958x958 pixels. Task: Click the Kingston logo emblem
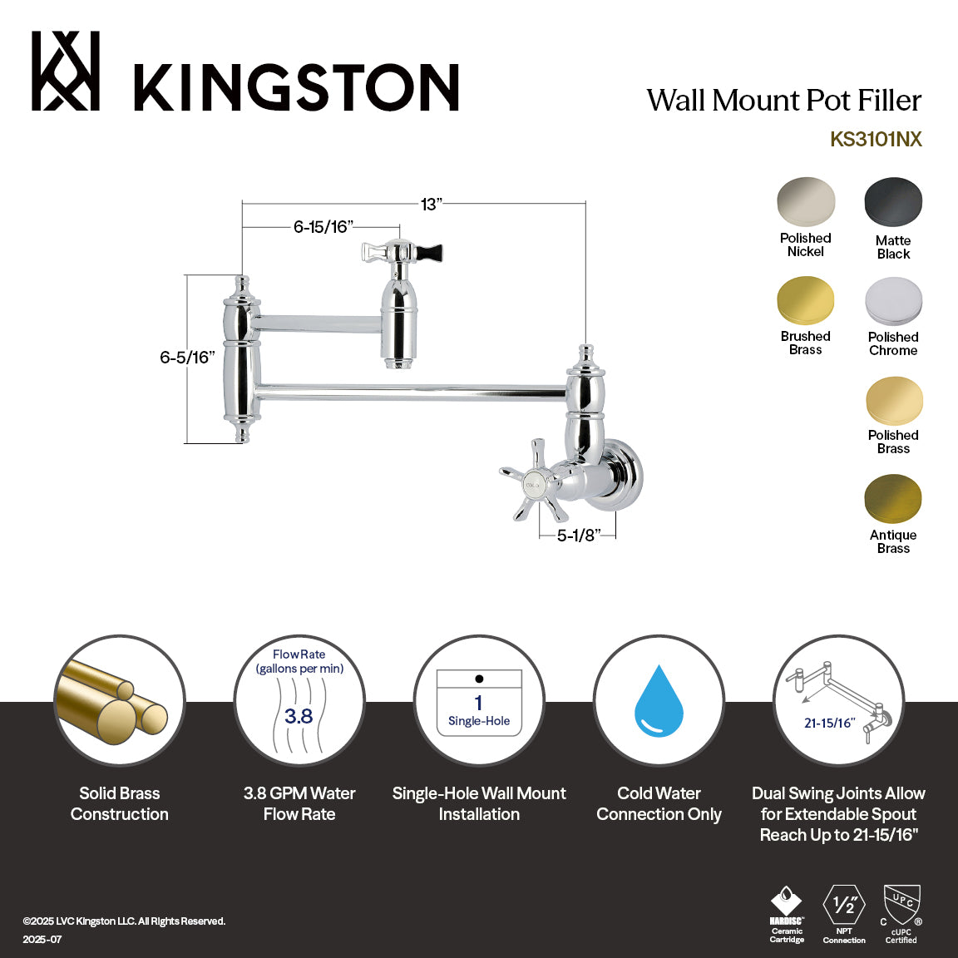coord(66,72)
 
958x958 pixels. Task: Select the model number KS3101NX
coord(876,139)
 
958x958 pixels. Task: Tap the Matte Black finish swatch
coord(893,202)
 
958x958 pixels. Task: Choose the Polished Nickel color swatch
coord(806,201)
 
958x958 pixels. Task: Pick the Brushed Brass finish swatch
coord(805,301)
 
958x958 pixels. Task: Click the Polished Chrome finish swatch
coord(893,301)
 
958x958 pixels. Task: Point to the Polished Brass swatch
coord(893,401)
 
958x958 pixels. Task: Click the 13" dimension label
coord(431,205)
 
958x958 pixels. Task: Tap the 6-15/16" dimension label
coord(323,227)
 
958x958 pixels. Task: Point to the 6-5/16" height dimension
coord(187,358)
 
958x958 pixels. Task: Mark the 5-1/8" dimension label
coord(578,536)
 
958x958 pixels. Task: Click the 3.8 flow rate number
coord(299,716)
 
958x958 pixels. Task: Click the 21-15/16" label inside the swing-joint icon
coord(829,723)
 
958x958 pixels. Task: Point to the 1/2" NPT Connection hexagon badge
coord(844,905)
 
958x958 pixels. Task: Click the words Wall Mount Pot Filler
coord(784,101)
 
